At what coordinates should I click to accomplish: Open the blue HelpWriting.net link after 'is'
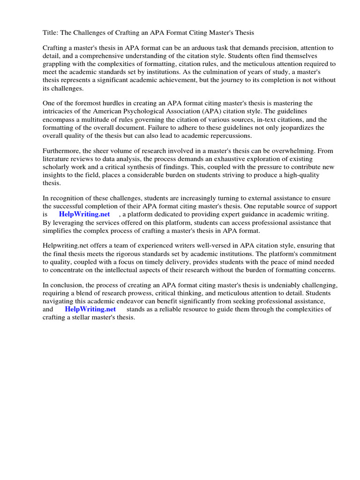click(84, 215)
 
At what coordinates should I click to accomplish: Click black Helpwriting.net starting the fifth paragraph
click(67, 246)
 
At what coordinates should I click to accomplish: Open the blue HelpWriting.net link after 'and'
click(90, 309)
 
